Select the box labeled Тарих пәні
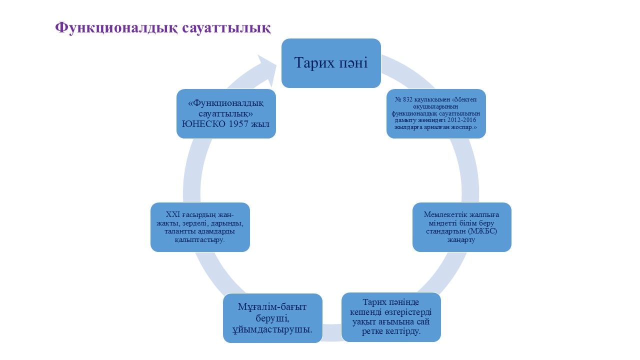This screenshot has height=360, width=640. pos(331,63)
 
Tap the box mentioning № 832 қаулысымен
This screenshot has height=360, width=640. pos(436,113)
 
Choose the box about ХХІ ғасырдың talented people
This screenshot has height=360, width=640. pos(200,227)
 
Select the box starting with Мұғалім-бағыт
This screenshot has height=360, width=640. pos(272,318)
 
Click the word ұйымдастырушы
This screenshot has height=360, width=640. pos(272,329)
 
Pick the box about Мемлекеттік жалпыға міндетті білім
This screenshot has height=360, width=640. pos(461,227)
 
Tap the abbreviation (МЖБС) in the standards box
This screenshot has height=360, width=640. pos(483,232)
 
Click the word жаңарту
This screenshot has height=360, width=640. pos(461,240)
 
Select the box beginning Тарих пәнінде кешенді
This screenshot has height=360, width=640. pos(391,317)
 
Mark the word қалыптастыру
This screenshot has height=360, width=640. pos(199,240)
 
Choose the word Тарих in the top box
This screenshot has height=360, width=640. pos(311,63)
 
